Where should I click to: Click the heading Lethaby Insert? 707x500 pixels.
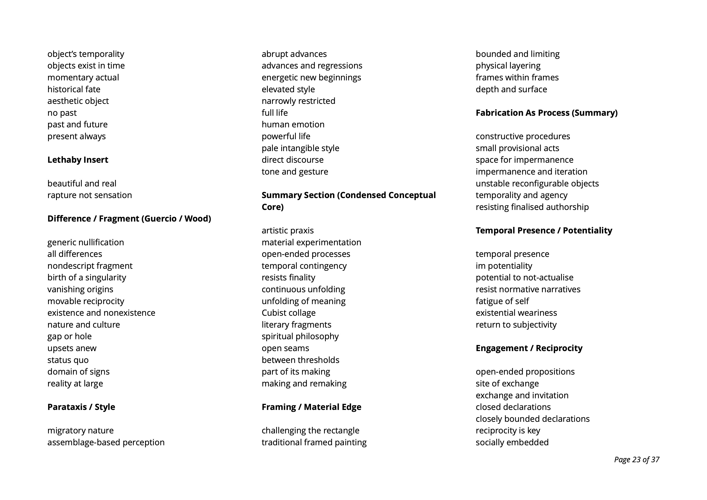[x=78, y=160]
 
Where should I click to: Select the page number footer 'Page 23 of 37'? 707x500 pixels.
[x=636, y=460]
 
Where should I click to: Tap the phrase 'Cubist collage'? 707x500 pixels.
[x=289, y=313]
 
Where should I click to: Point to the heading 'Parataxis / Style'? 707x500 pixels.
[x=81, y=407]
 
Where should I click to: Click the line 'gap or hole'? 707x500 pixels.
[x=69, y=336]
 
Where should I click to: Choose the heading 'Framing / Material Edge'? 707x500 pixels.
[x=311, y=407]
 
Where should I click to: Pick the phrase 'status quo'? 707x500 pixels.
[x=68, y=360]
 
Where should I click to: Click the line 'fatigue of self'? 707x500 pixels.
[x=502, y=301]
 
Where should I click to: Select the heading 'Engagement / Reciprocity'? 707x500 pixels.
[x=529, y=348]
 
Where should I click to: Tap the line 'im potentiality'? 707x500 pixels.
[x=504, y=266]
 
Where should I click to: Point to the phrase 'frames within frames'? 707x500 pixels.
[x=517, y=77]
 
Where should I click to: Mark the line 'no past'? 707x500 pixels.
[x=62, y=113]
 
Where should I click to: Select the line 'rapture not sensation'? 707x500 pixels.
[x=89, y=195]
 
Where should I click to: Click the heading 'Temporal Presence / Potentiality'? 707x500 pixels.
[x=544, y=230]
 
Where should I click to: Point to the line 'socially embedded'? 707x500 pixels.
[x=512, y=442]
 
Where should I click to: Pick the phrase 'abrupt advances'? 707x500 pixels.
[x=294, y=54]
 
